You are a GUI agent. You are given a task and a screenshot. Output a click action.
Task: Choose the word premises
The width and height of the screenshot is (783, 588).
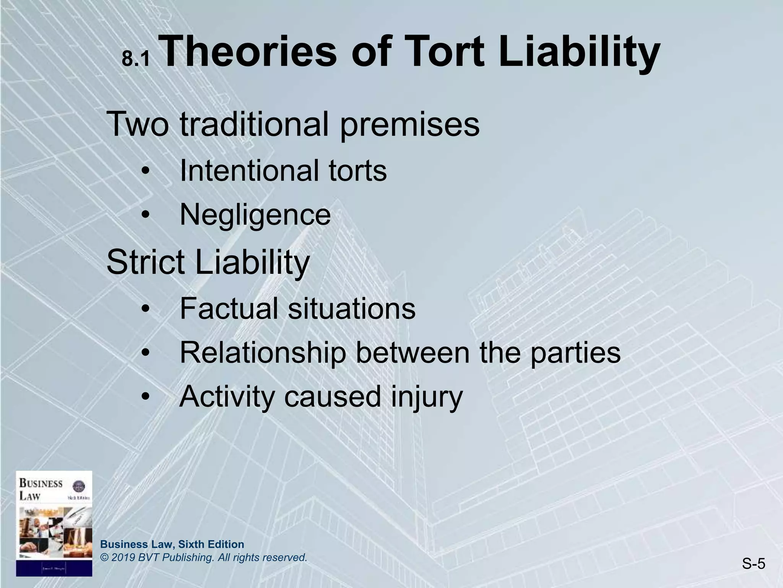tap(409, 125)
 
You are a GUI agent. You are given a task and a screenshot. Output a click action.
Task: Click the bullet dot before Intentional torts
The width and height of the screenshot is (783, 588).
tap(146, 171)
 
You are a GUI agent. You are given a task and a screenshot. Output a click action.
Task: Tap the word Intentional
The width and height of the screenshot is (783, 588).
tap(245, 170)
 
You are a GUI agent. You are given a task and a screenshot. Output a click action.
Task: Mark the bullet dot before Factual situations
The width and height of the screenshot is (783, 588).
tap(146, 309)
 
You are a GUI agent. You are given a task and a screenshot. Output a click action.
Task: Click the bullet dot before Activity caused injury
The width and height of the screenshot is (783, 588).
tap(146, 397)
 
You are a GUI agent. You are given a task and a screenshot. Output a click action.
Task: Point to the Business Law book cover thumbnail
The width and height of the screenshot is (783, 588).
tap(54, 523)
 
